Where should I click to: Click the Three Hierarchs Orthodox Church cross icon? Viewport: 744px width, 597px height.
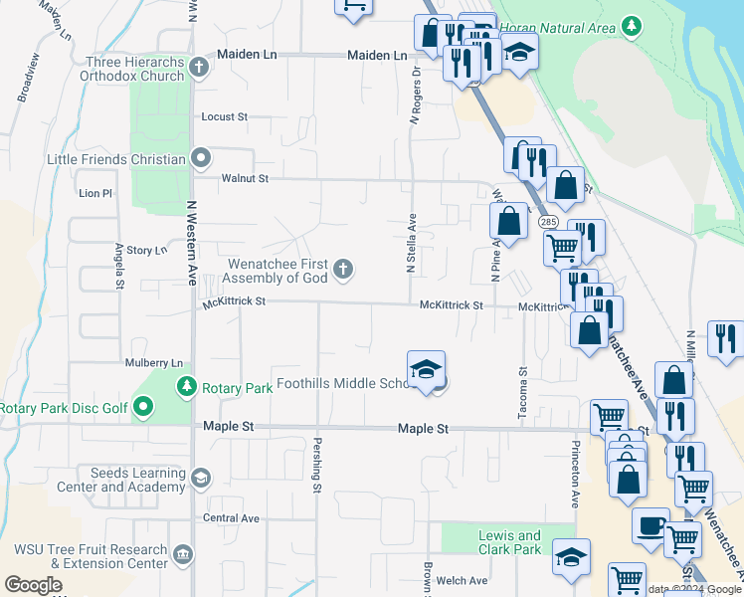pyautogui.click(x=199, y=68)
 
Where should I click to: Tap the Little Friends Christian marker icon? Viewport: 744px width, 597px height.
pyautogui.click(x=201, y=158)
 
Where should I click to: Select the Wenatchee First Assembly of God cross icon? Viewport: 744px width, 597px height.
pyautogui.click(x=342, y=269)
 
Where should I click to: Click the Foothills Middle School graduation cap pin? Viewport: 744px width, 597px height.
pyautogui.click(x=426, y=370)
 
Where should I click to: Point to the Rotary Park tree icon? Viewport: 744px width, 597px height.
pyautogui.click(x=185, y=386)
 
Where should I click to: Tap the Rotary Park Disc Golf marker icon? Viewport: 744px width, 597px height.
pyautogui.click(x=144, y=407)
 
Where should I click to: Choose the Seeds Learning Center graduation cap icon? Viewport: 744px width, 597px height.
pyautogui.click(x=201, y=479)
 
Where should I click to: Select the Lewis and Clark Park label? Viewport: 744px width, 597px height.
pyautogui.click(x=509, y=542)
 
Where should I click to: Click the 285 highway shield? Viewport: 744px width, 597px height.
pyautogui.click(x=548, y=223)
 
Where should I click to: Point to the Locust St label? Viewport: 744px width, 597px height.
pyautogui.click(x=224, y=116)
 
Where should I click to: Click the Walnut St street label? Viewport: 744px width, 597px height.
pyautogui.click(x=245, y=179)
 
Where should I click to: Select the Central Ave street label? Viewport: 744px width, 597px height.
pyautogui.click(x=231, y=518)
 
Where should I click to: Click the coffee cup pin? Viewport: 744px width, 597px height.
pyautogui.click(x=651, y=524)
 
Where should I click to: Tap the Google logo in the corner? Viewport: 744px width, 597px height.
pyautogui.click(x=34, y=585)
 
